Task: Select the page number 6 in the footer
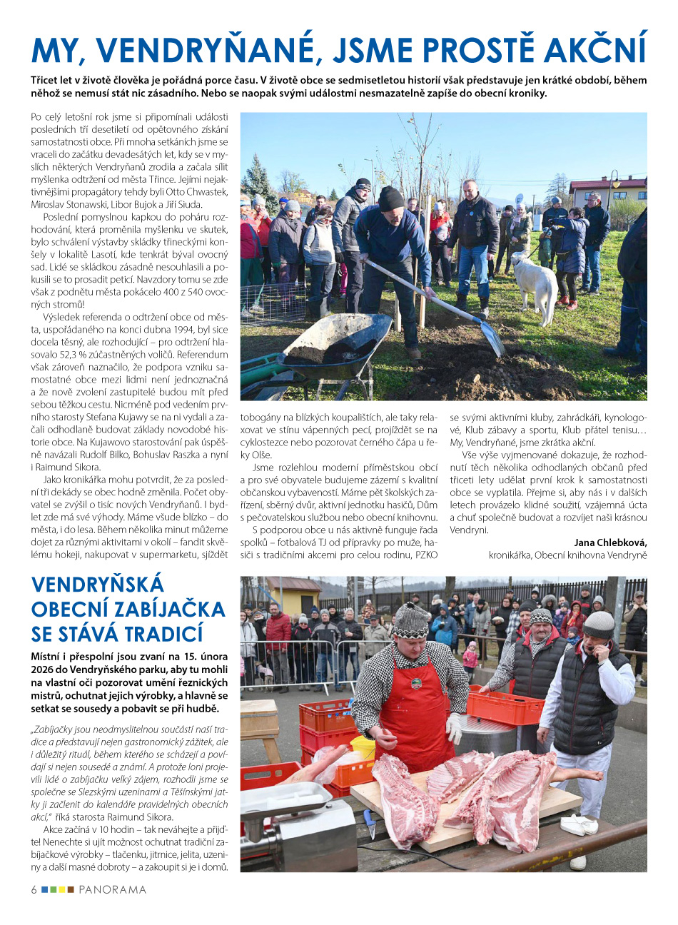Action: (x=34, y=890)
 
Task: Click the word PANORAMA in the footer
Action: (x=112, y=890)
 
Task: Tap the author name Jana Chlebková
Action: (x=610, y=542)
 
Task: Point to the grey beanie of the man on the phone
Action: (x=599, y=625)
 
